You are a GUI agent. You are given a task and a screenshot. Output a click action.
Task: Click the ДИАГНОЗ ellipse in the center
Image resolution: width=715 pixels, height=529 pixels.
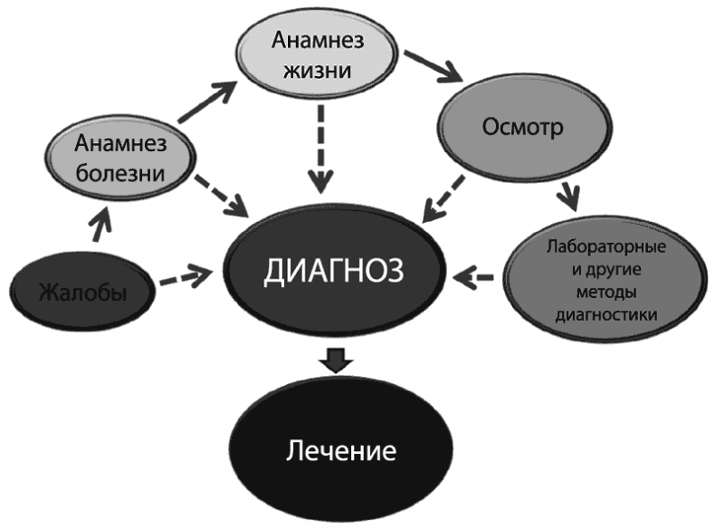click(335, 272)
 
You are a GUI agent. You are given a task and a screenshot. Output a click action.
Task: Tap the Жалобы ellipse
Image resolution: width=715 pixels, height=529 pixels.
click(81, 292)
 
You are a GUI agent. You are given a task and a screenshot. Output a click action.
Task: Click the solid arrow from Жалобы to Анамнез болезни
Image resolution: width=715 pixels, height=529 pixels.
click(101, 226)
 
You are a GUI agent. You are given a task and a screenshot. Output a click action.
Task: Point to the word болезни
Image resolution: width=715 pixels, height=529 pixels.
click(120, 171)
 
